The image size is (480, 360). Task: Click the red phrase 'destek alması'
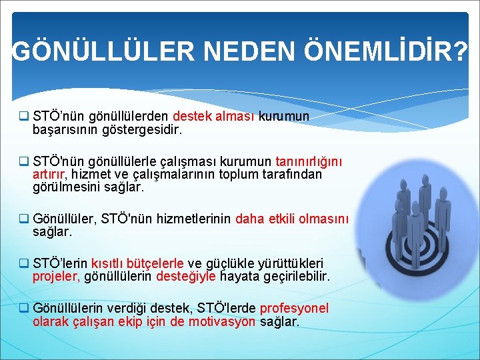point(214,117)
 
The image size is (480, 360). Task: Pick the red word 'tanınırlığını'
point(309,162)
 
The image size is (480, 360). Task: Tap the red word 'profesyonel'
point(294,309)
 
